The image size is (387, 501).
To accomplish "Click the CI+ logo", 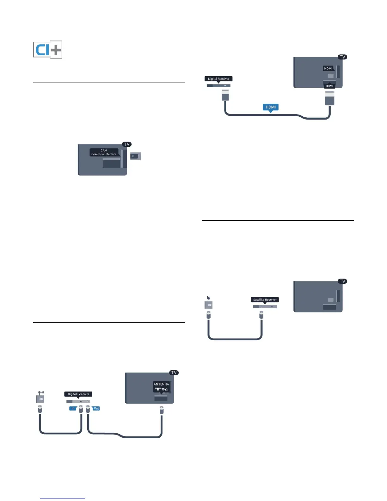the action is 48,50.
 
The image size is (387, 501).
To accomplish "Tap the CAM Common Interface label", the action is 104,152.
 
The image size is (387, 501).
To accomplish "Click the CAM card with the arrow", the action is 136,156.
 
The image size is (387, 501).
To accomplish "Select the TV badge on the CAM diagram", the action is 127,144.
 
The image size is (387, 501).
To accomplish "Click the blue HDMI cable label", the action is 271,107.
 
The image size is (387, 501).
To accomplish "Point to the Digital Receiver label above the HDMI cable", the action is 218,79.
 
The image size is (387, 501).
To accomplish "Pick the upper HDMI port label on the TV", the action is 328,68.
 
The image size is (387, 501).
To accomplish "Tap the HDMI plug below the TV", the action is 329,98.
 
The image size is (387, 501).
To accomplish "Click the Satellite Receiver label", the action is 265,300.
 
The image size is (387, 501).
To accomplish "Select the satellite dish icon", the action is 208,303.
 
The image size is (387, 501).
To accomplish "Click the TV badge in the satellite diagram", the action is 342,281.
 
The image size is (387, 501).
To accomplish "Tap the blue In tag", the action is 73,408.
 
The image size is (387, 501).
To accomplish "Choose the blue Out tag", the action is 96,408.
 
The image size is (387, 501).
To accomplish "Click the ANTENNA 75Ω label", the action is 161,387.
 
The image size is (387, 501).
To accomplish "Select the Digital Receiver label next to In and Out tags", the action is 78,394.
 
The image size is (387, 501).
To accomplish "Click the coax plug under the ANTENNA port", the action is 162,410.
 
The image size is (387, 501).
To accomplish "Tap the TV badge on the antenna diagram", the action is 174,373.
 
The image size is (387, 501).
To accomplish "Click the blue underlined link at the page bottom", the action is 63,498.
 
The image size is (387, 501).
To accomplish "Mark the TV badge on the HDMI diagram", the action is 342,57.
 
